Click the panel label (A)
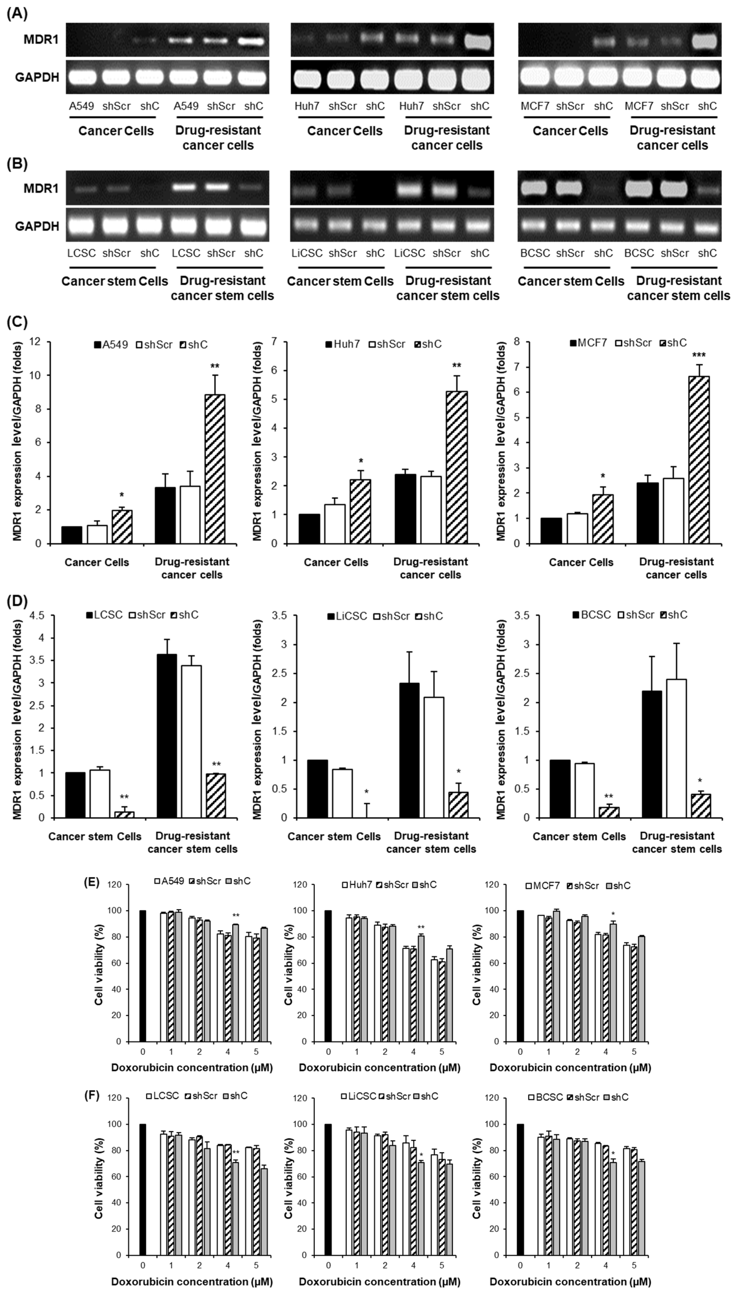(x=17, y=14)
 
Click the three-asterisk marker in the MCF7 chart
(x=699, y=355)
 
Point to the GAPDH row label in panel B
(x=37, y=226)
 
